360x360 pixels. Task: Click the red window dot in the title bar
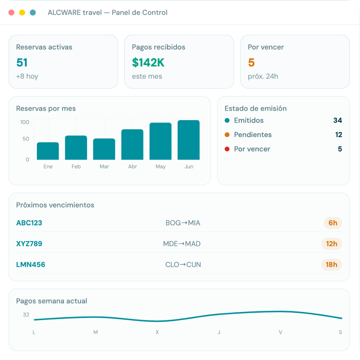point(11,12)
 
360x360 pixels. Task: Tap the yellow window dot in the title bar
point(22,12)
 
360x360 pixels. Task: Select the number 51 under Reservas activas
point(22,62)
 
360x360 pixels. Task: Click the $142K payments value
point(148,62)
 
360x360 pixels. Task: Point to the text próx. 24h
point(263,76)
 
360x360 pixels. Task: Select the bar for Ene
point(48,151)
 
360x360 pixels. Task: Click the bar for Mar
point(104,149)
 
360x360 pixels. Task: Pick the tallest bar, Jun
point(188,140)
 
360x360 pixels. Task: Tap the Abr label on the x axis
point(132,166)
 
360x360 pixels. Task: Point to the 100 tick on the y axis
point(25,122)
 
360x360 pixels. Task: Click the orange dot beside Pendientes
point(227,135)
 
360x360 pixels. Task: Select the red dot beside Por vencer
point(227,149)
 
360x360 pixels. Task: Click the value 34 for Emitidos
point(338,120)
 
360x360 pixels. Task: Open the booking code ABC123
point(29,223)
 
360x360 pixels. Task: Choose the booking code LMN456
point(31,264)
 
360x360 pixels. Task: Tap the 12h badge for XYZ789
point(332,244)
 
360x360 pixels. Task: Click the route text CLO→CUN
point(183,264)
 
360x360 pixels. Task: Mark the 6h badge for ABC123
point(333,223)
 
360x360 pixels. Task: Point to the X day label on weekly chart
point(157,332)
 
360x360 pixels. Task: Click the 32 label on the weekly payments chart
point(26,315)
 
